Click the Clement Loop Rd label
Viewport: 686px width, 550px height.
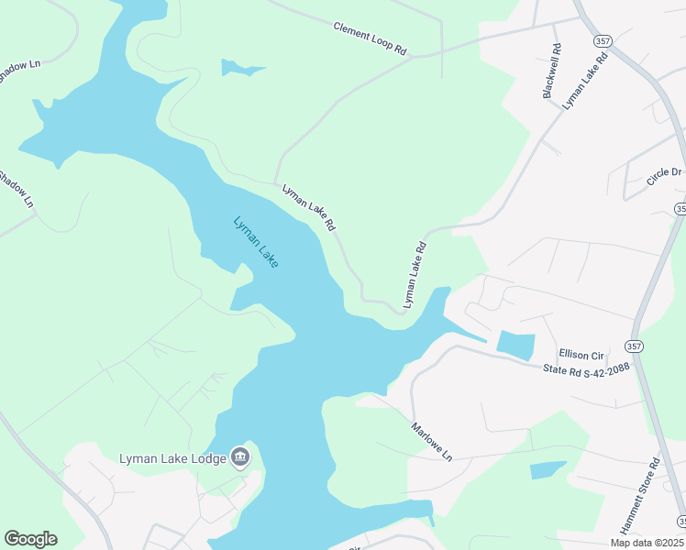click(370, 39)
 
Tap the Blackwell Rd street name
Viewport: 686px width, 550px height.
click(551, 71)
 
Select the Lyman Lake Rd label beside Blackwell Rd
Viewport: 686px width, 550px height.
click(585, 82)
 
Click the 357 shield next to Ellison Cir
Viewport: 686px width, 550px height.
click(634, 346)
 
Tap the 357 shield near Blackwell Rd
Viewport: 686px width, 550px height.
click(603, 41)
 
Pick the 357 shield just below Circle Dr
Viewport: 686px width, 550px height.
click(680, 209)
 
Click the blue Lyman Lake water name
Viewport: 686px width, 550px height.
click(256, 242)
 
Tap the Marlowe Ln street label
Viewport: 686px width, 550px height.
click(432, 442)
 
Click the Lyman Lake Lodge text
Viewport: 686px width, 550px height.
click(172, 458)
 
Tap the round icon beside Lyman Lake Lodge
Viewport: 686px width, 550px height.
click(240, 456)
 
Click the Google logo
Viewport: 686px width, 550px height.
click(30, 539)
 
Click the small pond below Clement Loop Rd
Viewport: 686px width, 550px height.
click(240, 68)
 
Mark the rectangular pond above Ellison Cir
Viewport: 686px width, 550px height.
click(515, 345)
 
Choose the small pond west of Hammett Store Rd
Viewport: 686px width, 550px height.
click(547, 470)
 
